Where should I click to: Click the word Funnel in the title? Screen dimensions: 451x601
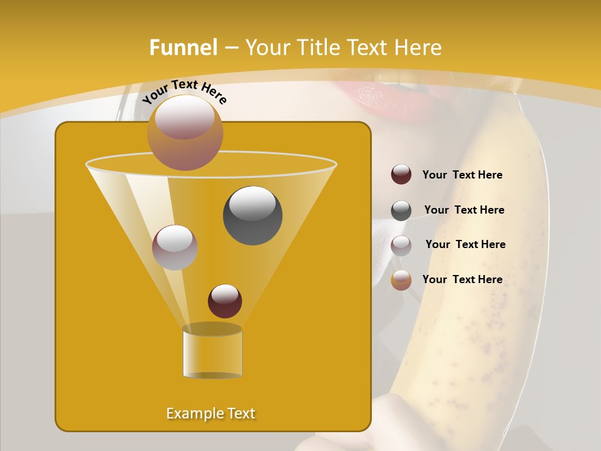[x=183, y=48]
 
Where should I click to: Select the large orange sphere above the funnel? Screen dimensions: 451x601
[x=185, y=132]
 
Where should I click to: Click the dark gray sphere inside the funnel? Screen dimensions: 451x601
[x=252, y=215]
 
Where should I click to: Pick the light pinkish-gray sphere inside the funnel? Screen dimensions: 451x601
[x=175, y=247]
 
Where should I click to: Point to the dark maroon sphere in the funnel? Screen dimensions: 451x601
[x=225, y=301]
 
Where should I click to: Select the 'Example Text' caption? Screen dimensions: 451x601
[x=210, y=413]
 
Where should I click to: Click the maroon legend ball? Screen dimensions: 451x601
[x=401, y=175]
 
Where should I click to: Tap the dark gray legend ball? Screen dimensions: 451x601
[x=401, y=210]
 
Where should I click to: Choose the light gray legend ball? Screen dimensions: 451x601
[x=401, y=246]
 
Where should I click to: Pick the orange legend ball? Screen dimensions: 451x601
[x=401, y=280]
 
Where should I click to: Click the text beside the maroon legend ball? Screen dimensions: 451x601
[x=462, y=175]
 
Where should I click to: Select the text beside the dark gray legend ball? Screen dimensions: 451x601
[x=464, y=210]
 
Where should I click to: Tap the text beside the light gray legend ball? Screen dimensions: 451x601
[x=465, y=245]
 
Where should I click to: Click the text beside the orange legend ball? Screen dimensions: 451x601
[x=462, y=279]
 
